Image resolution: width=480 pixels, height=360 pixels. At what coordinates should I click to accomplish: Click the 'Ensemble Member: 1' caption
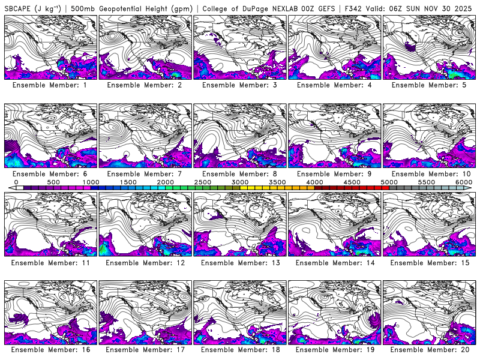(x=50, y=85)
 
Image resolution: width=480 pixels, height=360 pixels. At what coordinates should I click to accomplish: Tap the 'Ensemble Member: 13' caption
(x=239, y=263)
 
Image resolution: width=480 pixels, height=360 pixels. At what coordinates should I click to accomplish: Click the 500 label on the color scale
(x=53, y=182)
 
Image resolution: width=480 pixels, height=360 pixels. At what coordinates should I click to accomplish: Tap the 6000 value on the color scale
(x=463, y=182)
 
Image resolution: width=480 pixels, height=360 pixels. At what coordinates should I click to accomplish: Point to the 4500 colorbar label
(x=352, y=182)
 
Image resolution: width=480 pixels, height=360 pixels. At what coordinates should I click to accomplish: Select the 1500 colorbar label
(x=128, y=182)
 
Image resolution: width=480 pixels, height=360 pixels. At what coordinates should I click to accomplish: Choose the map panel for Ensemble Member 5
(x=429, y=47)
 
